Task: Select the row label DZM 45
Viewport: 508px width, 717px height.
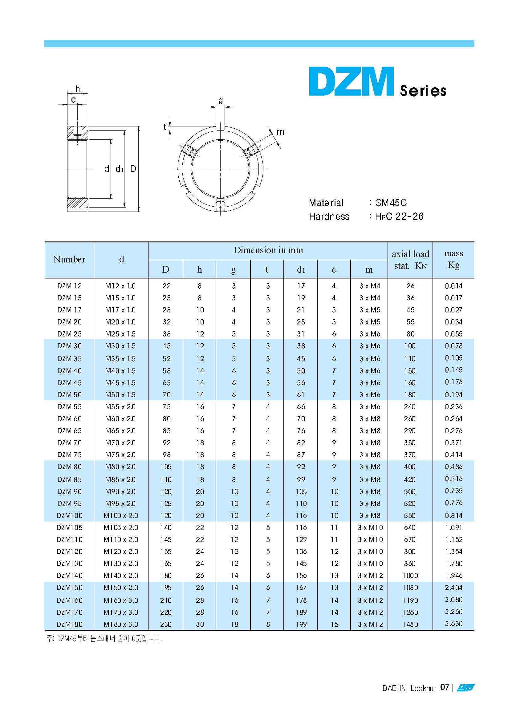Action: tap(69, 383)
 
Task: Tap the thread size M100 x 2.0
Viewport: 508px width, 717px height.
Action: tap(121, 515)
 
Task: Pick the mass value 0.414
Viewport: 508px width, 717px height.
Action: tap(453, 455)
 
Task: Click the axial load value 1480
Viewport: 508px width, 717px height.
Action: tap(410, 624)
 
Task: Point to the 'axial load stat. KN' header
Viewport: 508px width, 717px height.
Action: tap(410, 260)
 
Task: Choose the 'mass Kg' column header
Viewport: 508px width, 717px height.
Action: tap(453, 259)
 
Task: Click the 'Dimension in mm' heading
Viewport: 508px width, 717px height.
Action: tap(268, 250)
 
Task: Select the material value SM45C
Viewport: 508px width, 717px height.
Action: tap(391, 203)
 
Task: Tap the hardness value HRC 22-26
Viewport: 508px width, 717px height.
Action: tap(399, 217)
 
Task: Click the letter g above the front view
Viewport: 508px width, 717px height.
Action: tap(221, 100)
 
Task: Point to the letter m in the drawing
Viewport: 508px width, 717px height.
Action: tap(281, 132)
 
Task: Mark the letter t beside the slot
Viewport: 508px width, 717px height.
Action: tap(165, 126)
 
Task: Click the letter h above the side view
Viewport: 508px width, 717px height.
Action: tap(78, 89)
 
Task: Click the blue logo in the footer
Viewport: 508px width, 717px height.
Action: tap(465, 688)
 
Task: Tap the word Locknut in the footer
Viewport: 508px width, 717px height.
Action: tap(423, 688)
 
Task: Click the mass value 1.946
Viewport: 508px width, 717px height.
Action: tap(453, 575)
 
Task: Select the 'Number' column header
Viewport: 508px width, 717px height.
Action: tap(69, 259)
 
